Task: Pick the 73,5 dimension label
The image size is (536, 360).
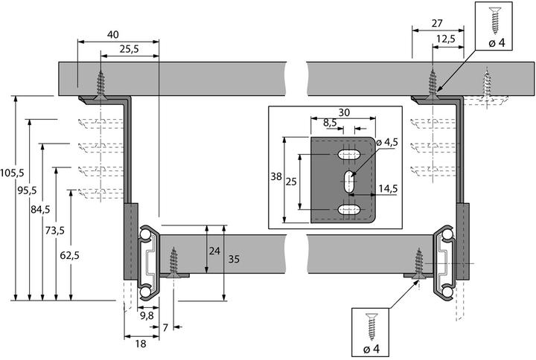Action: point(54,231)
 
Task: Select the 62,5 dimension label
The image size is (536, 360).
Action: point(70,256)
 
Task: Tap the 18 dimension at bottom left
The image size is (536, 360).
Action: point(140,344)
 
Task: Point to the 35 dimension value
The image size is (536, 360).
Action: point(234,261)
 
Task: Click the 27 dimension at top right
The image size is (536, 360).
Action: point(438,24)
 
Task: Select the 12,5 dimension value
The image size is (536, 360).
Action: point(446,39)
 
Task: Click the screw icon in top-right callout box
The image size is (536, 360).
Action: point(497,17)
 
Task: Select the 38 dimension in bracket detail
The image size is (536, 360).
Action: point(275,178)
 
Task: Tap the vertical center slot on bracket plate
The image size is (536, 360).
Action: point(348,181)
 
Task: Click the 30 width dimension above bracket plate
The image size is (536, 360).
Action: point(344,112)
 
